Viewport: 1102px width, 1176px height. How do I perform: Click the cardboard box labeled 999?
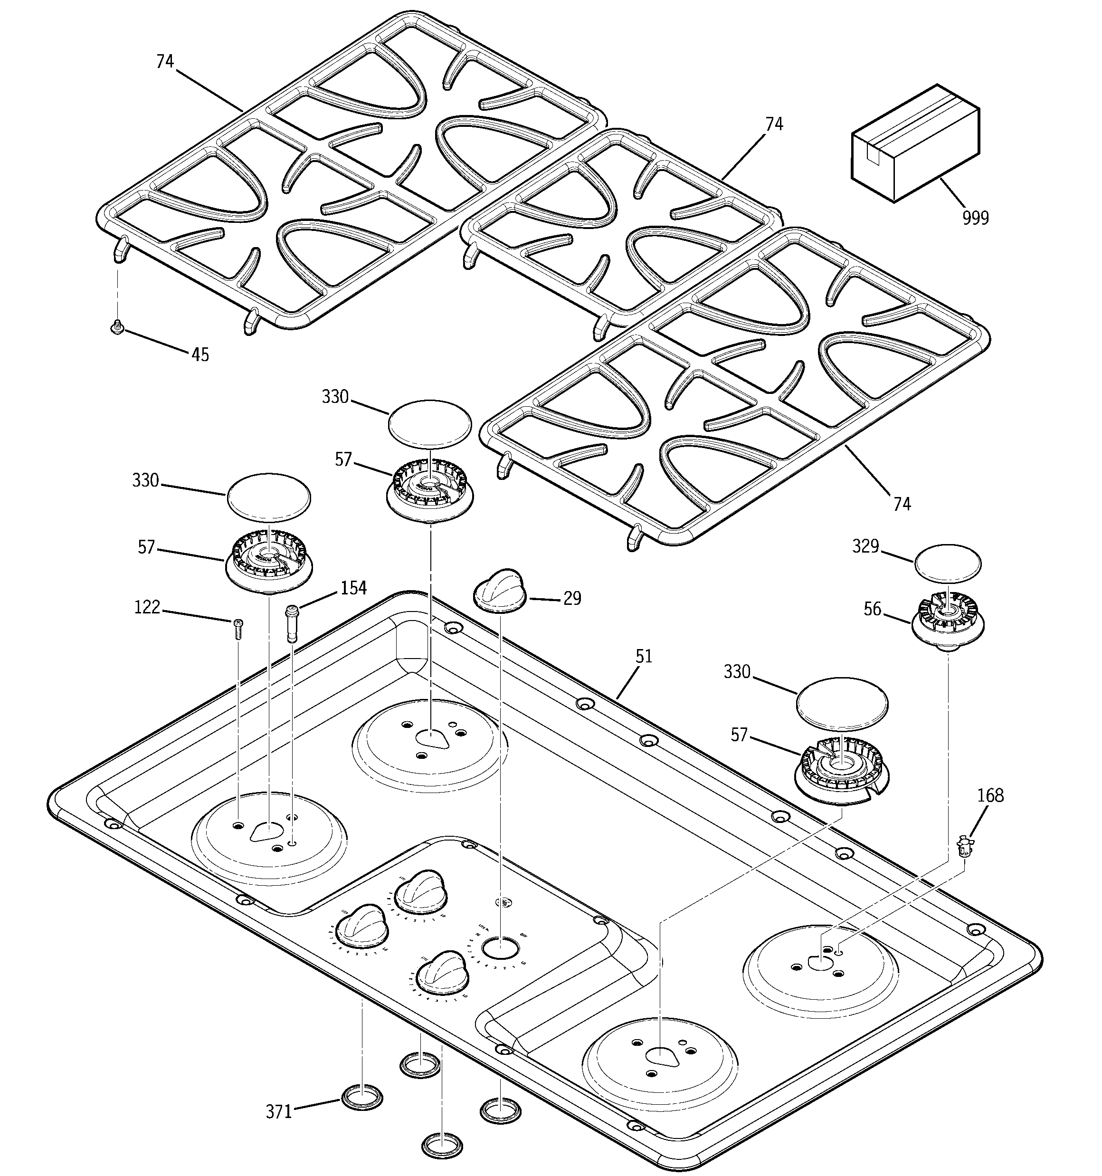[x=914, y=144]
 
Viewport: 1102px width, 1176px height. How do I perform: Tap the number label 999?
[x=975, y=218]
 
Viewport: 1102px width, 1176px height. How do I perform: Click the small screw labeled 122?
[x=238, y=628]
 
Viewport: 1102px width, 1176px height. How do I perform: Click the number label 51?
[x=644, y=656]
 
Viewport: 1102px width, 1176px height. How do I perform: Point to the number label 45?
[x=200, y=355]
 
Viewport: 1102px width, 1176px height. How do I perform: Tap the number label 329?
[x=865, y=546]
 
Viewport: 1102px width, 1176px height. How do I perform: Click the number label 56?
[x=873, y=609]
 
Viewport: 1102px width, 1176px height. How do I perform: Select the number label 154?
[x=353, y=588]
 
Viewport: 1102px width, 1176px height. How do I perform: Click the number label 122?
[x=147, y=607]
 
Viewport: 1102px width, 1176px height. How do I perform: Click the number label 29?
[x=571, y=599]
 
